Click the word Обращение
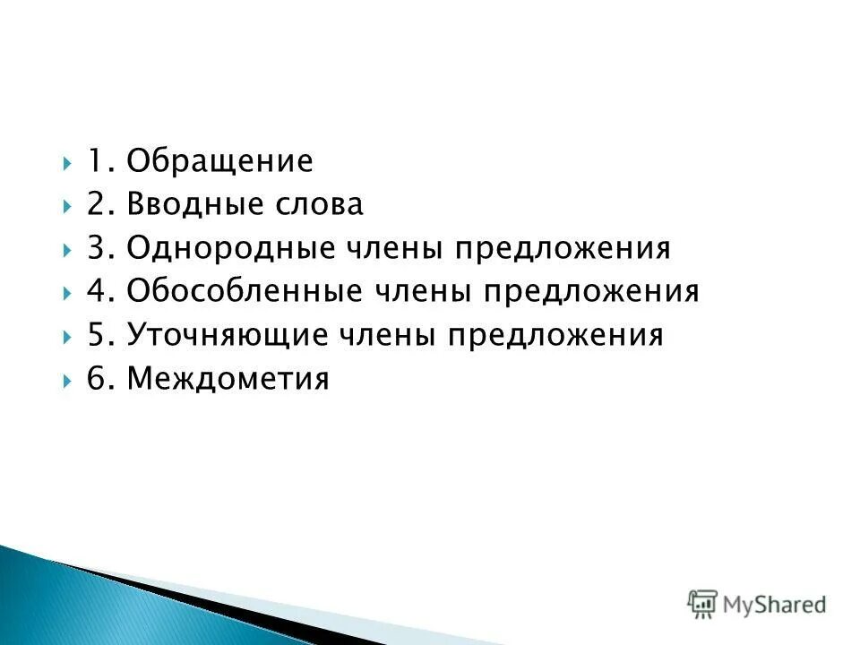click(x=219, y=162)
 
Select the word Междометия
click(x=228, y=378)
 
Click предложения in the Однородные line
click(x=564, y=248)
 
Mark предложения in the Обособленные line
click(x=592, y=291)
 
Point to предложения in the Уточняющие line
click(x=557, y=335)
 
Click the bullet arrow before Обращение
click(x=69, y=163)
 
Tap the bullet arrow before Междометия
click(x=69, y=379)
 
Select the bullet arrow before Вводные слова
click(x=69, y=206)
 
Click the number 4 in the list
click(x=97, y=291)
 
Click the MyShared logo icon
click(x=703, y=603)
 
